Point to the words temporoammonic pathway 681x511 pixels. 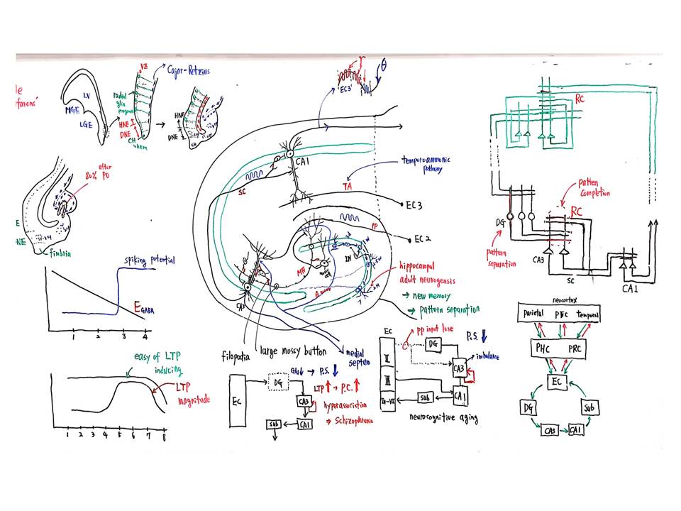coord(424,164)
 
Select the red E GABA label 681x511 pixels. coord(146,307)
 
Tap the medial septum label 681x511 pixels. coord(362,353)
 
